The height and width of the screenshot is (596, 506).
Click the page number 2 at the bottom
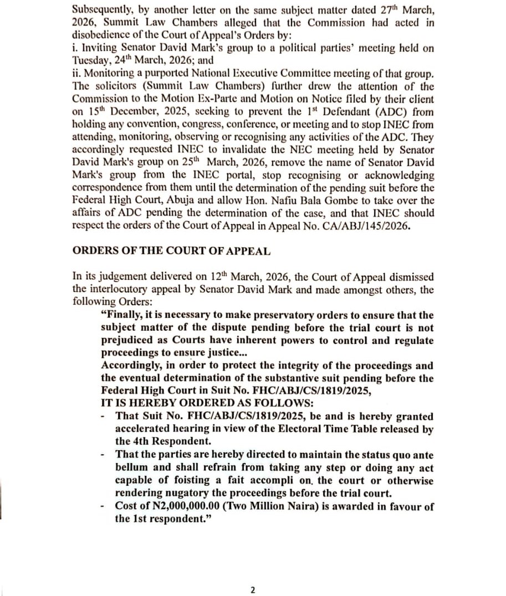tap(253, 590)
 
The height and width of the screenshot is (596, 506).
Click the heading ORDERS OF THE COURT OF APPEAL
tap(172, 250)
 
